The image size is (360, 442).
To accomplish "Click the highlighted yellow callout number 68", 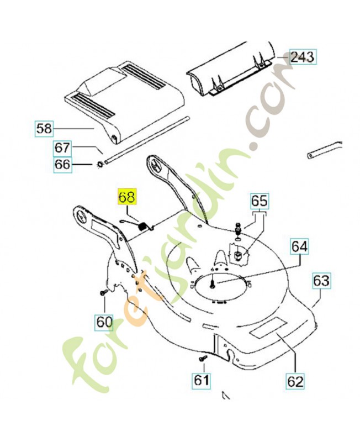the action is click(127, 197).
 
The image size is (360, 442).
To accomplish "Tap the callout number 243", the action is click(302, 57).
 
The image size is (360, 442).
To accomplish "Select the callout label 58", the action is click(44, 129).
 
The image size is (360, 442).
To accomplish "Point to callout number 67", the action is click(62, 148).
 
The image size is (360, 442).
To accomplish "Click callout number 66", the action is click(62, 164).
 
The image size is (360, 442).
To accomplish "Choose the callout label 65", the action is click(259, 201).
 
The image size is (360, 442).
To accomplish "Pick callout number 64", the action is click(299, 246).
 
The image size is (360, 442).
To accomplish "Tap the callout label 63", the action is click(321, 280).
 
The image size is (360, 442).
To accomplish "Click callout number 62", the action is click(295, 381).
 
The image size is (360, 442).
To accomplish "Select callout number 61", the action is click(202, 380).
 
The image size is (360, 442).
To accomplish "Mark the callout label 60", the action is click(104, 322).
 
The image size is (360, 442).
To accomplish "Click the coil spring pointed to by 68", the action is click(143, 227).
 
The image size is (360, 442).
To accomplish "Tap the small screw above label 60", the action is click(104, 292).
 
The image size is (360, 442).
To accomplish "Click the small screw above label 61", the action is click(203, 358).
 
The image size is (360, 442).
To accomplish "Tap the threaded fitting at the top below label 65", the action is click(238, 227).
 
